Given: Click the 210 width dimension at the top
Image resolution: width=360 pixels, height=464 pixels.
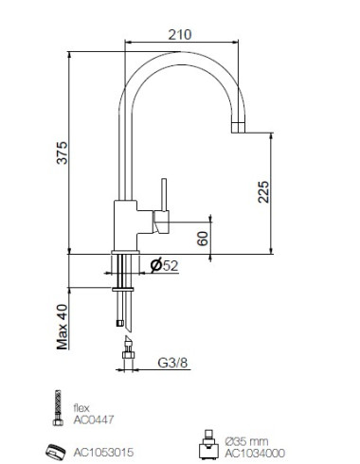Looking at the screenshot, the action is tap(180, 34).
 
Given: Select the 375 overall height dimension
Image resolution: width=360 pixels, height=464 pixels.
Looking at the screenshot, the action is tap(62, 152).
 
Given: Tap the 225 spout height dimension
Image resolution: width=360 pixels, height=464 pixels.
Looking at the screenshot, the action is tap(263, 191).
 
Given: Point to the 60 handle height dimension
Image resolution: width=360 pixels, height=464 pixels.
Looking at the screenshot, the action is tap(203, 239).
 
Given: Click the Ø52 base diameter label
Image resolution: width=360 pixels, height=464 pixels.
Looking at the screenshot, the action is tap(164, 265).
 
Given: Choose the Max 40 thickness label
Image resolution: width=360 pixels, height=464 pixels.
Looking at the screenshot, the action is tap(63, 327).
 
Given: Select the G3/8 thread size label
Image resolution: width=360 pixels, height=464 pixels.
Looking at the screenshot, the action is tap(172, 363).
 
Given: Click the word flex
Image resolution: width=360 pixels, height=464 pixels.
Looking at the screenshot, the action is tap(81, 408).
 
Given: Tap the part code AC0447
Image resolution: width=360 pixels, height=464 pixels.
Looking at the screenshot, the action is tap(94, 419).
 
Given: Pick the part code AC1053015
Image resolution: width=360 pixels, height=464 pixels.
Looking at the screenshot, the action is tap(103, 453).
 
